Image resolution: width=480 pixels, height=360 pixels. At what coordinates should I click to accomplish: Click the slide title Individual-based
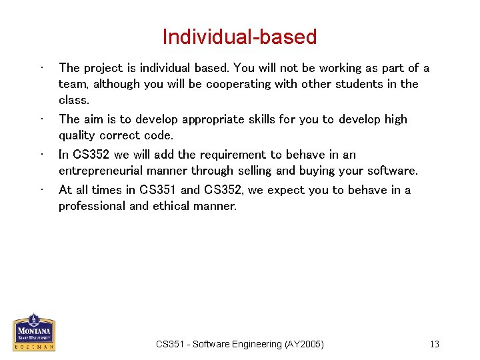point(239,37)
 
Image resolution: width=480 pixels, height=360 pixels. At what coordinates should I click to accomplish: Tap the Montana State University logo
point(34,332)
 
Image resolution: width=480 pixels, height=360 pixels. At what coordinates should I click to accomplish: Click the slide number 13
point(435,344)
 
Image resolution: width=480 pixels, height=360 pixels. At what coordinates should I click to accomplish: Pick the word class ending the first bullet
point(73,100)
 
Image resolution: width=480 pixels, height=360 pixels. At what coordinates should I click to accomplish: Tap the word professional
point(91,206)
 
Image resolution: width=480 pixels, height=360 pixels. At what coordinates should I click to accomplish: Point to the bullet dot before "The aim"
point(42,119)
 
